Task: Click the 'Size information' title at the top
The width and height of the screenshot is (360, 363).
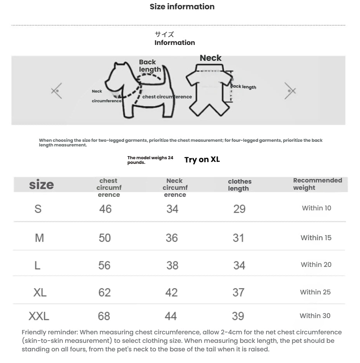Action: (x=182, y=7)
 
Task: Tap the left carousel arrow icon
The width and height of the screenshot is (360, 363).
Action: (x=57, y=91)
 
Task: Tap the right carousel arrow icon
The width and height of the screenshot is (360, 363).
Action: (x=290, y=91)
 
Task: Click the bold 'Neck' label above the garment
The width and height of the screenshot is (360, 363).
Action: (x=210, y=58)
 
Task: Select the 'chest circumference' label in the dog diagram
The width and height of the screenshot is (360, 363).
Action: (x=167, y=97)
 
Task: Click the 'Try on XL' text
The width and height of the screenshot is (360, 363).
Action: (x=202, y=160)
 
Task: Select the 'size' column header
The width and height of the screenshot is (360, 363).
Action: (x=42, y=185)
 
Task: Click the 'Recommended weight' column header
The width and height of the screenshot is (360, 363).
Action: (x=317, y=184)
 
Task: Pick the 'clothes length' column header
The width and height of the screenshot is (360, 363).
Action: (x=239, y=185)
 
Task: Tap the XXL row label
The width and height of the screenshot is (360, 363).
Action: (x=39, y=317)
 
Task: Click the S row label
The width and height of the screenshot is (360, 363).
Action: (x=38, y=209)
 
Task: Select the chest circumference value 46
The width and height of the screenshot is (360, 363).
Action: (x=105, y=209)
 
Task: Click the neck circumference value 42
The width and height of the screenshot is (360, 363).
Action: (x=171, y=292)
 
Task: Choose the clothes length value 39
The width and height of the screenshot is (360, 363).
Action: (x=238, y=316)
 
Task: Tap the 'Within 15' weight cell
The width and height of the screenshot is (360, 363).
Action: (x=316, y=238)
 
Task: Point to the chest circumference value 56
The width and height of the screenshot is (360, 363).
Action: (x=104, y=265)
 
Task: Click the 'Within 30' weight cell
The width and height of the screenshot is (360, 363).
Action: (x=315, y=316)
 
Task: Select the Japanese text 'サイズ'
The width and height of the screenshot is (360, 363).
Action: (x=164, y=34)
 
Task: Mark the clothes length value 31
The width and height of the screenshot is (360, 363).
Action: (x=238, y=238)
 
